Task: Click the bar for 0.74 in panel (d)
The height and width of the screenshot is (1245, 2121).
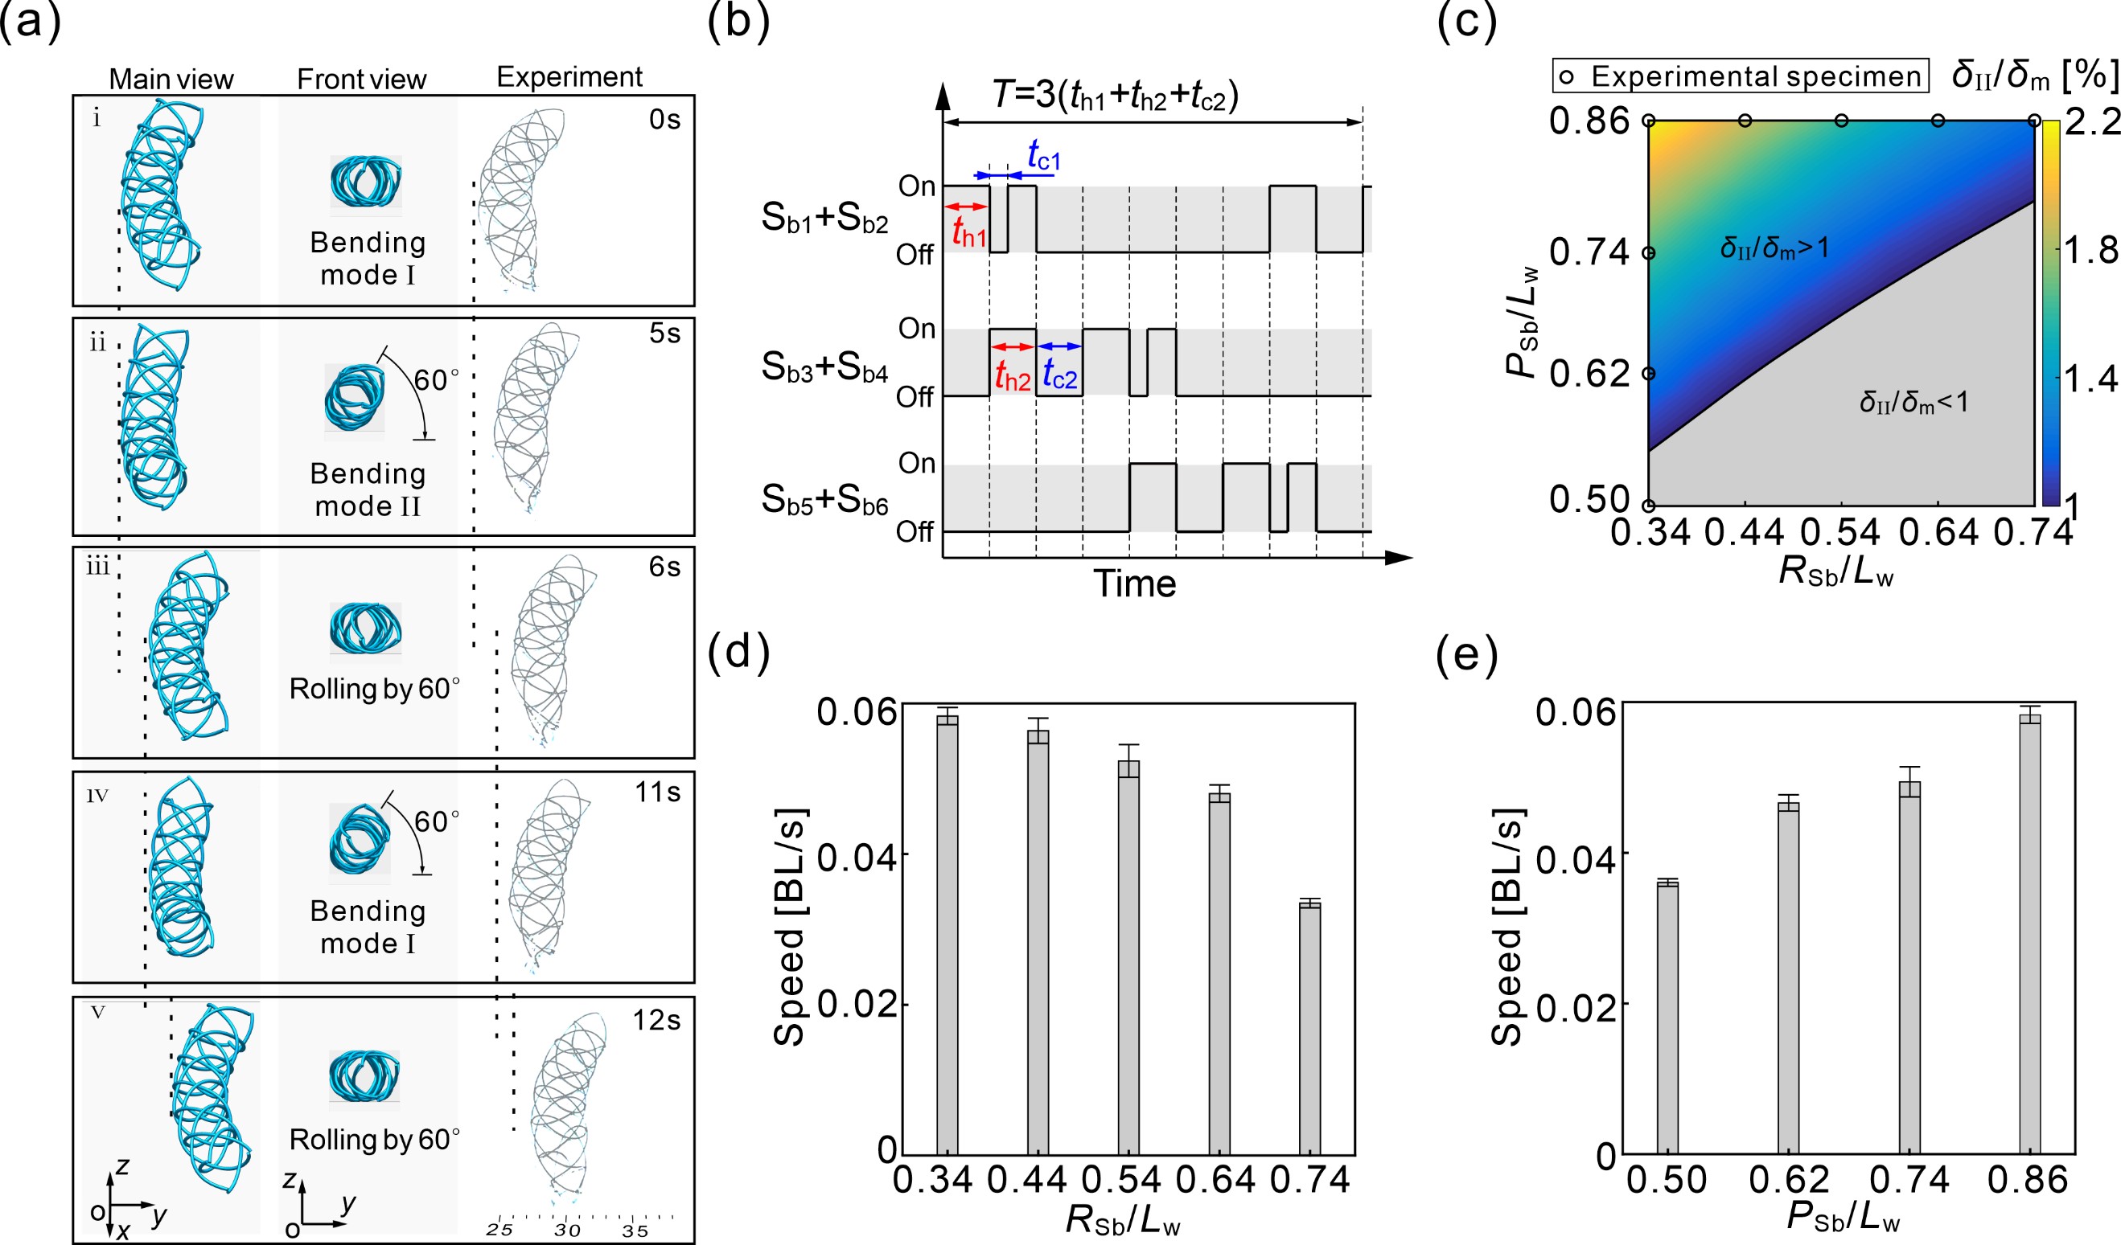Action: point(1309,1028)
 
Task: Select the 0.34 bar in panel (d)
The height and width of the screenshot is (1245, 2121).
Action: point(947,934)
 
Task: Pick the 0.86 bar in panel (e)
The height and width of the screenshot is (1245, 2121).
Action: point(2030,933)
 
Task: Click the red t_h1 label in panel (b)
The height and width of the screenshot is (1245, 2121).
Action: point(968,234)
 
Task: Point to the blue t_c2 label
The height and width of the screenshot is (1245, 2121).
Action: point(1059,375)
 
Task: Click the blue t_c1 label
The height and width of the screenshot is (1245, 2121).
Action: point(1044,158)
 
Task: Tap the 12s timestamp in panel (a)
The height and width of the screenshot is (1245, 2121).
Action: point(656,1020)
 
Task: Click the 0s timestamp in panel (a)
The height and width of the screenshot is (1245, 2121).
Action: point(664,120)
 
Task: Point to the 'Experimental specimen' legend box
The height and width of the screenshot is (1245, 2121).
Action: point(1741,76)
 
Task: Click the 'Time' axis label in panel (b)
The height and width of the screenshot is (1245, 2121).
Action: point(1134,584)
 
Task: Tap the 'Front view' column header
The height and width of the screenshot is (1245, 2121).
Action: point(362,79)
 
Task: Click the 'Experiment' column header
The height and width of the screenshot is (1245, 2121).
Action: point(569,76)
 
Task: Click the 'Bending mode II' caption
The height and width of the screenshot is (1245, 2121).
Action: point(368,489)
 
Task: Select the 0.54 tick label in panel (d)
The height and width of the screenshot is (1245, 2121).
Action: point(1121,1181)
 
